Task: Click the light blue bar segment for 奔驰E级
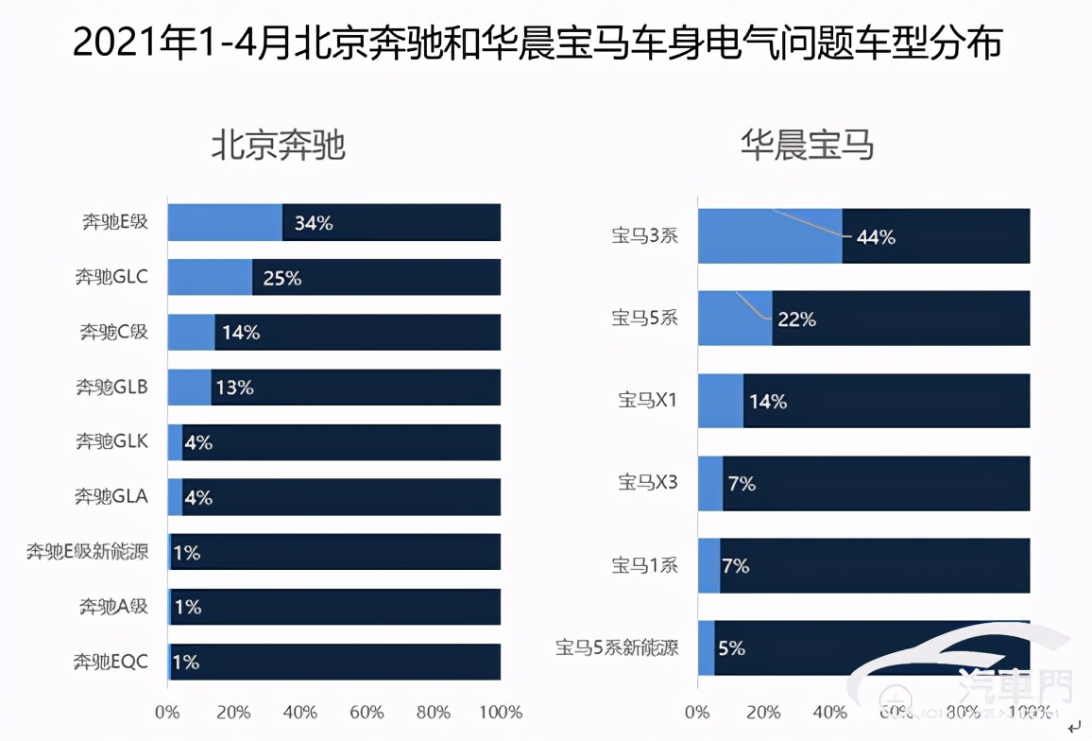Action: [x=225, y=223]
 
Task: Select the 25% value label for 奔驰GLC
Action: [x=282, y=278]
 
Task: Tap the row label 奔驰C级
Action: [x=113, y=332]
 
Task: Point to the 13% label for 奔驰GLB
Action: [x=235, y=388]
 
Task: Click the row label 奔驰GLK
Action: [x=111, y=441]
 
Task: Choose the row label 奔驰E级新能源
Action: [x=87, y=551]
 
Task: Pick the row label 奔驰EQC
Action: [x=111, y=662]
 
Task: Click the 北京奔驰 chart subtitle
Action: [x=278, y=146]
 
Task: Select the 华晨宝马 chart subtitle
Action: [x=807, y=146]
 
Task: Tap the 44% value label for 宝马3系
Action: [x=875, y=237]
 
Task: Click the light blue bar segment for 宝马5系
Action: [x=734, y=319]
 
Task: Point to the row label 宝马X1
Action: [x=648, y=401]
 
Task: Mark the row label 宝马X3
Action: [x=648, y=483]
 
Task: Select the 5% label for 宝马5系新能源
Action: [x=731, y=648]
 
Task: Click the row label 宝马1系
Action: [x=644, y=565]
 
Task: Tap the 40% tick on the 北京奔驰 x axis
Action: [x=300, y=712]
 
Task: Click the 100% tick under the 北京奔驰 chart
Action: [x=501, y=712]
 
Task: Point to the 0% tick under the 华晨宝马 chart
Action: [x=697, y=712]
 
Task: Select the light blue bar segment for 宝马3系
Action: [x=770, y=236]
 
